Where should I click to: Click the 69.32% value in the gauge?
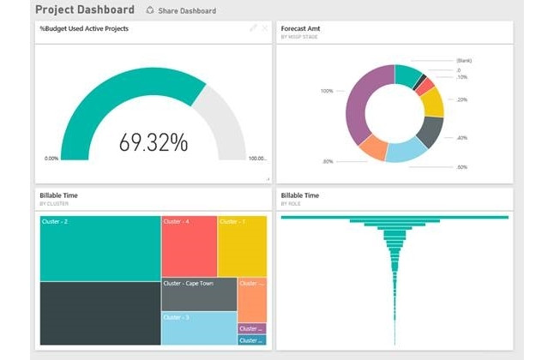tap(154, 141)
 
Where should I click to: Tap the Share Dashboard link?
tap(181, 11)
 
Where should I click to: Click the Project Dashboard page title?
tap(84, 9)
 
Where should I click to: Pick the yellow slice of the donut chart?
tap(433, 102)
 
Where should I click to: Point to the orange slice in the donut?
tap(374, 148)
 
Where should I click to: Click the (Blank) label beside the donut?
tap(464, 61)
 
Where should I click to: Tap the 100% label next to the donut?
tap(327, 91)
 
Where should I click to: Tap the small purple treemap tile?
tap(251, 328)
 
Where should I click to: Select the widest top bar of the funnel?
tap(394, 217)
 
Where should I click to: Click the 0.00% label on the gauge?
tap(51, 159)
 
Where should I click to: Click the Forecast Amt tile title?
tap(301, 27)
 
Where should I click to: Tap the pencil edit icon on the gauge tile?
tap(253, 27)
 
